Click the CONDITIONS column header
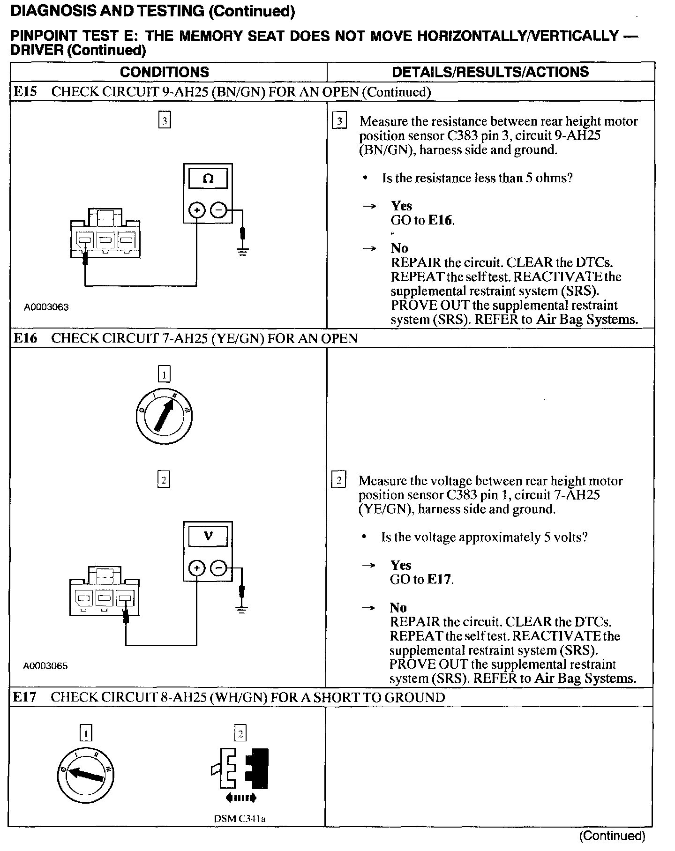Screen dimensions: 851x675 [164, 72]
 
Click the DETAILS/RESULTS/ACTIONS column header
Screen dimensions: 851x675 [490, 72]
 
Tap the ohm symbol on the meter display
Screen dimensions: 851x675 [208, 179]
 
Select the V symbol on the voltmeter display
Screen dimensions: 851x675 [208, 536]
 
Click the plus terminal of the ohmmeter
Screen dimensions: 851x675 [197, 211]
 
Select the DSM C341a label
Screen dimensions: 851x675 [240, 819]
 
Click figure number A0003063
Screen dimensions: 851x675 [46, 307]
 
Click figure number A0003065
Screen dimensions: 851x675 [45, 666]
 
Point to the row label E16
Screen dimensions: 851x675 [25, 338]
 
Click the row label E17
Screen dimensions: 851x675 [24, 697]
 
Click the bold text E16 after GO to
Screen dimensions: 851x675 [441, 220]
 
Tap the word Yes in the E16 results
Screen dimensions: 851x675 [401, 565]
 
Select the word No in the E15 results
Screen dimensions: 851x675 [399, 248]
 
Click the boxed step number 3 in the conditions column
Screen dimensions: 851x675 [164, 121]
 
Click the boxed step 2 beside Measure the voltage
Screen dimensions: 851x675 [338, 481]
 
